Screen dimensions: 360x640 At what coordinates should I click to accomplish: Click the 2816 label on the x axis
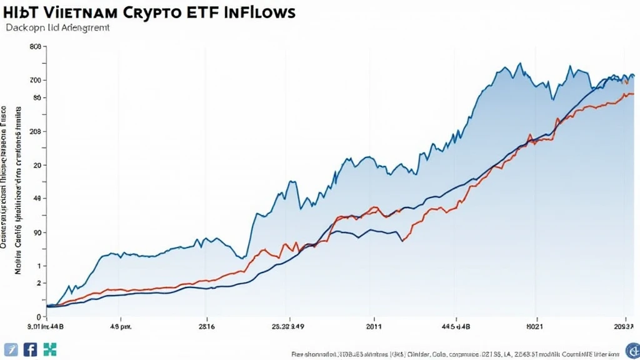pyautogui.click(x=207, y=326)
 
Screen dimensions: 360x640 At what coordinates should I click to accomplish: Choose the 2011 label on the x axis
pyautogui.click(x=373, y=326)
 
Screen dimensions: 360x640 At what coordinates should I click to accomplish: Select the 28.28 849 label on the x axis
pyautogui.click(x=289, y=326)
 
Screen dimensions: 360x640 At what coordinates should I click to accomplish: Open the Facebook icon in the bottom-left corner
pyautogui.click(x=30, y=349)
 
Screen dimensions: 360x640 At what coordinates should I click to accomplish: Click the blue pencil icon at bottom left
pyautogui.click(x=10, y=349)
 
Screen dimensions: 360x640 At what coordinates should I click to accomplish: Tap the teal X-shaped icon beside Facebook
pyautogui.click(x=49, y=349)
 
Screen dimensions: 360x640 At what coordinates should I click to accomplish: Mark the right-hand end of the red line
pyautogui.click(x=632, y=94)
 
